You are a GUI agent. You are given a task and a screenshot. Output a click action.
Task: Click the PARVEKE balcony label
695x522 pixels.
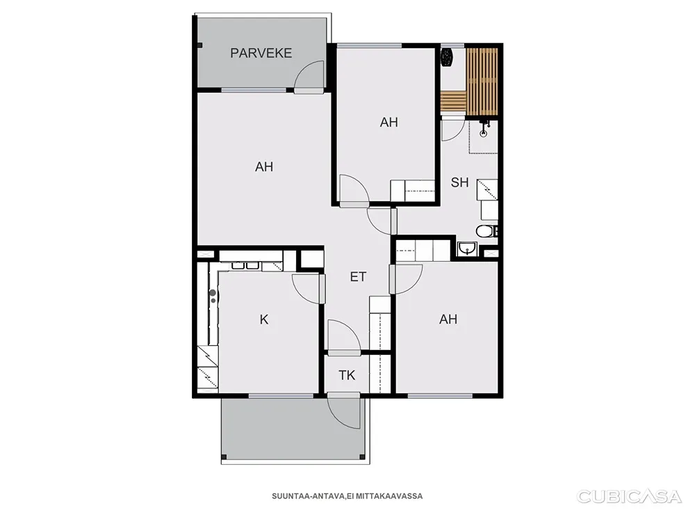pos(261,54)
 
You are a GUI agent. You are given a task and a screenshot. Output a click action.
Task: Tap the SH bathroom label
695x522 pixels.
pos(459,182)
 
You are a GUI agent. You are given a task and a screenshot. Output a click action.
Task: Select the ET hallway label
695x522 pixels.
pos(358,277)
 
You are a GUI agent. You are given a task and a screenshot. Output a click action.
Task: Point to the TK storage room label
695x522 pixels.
pos(347,376)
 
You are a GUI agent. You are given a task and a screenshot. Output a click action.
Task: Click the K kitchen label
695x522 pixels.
pos(263,319)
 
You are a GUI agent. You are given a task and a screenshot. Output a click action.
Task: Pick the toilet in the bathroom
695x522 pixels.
pos(486,231)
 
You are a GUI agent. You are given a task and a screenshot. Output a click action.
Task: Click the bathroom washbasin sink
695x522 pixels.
pos(467,249)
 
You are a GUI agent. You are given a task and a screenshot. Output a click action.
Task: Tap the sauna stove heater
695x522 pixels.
pos(446,57)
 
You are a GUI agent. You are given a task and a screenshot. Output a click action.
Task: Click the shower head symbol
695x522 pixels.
pos(484,129)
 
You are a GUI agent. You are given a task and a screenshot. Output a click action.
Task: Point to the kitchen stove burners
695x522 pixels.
pos(213,296)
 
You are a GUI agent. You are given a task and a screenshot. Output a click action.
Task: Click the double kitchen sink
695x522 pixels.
pos(245,265)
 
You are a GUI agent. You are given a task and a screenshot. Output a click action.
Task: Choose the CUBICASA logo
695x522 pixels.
pos(628,496)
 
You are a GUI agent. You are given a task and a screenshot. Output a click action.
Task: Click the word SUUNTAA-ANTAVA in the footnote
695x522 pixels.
pos(308,496)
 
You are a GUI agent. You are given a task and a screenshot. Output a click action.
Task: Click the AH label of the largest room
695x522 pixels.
pos(263,167)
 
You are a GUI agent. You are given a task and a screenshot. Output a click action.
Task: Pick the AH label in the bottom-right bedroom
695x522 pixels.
pos(448,319)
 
